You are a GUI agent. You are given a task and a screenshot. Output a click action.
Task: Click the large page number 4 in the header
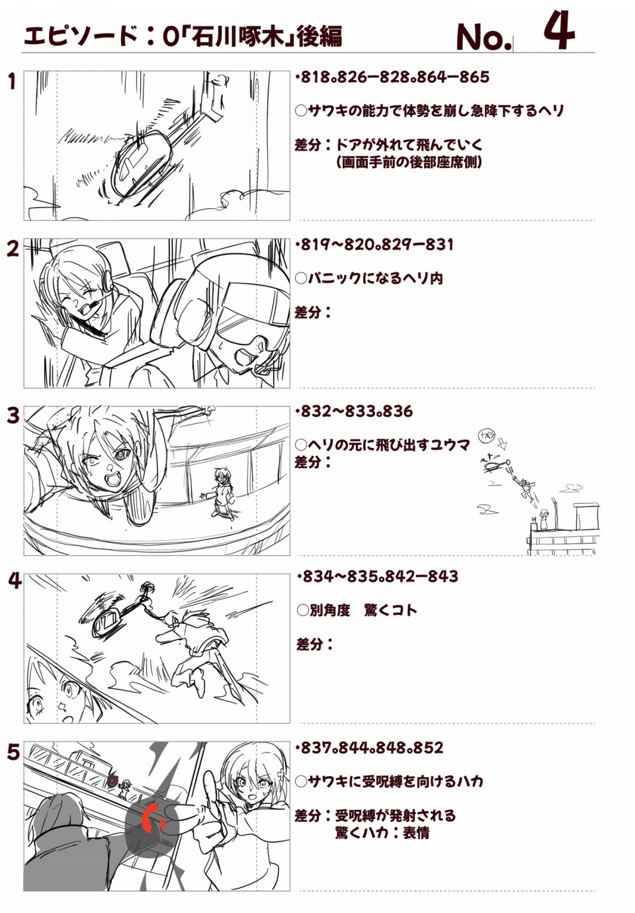click(x=559, y=30)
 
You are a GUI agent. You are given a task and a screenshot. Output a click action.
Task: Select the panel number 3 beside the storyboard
click(x=13, y=416)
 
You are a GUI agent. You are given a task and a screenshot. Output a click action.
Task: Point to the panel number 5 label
click(x=13, y=753)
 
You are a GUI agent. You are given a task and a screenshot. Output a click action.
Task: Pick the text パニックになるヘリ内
click(x=375, y=279)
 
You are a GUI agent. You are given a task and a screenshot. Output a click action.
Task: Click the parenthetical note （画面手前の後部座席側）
click(x=409, y=163)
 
